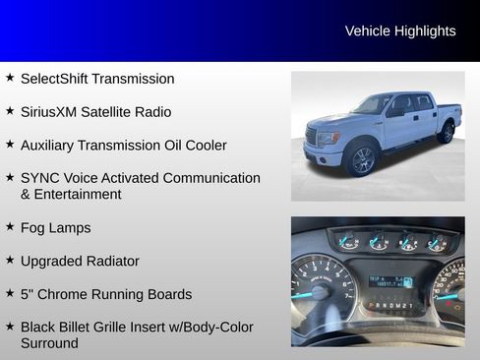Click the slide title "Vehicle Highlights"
click(x=400, y=31)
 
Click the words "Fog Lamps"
click(x=56, y=228)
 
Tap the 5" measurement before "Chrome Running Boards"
click(x=27, y=294)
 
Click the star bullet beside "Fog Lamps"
click(x=10, y=226)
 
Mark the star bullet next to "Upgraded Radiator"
click(x=10, y=260)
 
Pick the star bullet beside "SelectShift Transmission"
click(x=10, y=77)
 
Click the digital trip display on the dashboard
click(x=390, y=282)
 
